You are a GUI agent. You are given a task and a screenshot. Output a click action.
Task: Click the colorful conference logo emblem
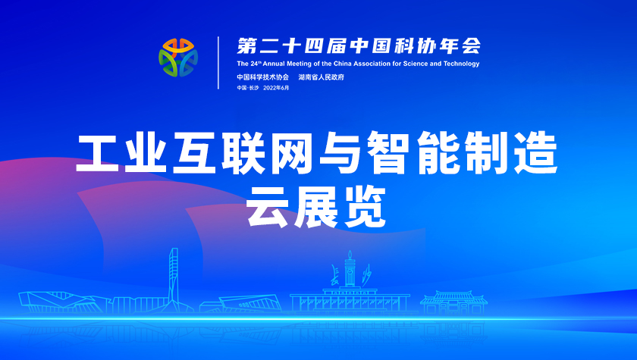pos(178,58)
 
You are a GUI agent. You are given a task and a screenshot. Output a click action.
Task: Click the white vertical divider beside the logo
pos(218,62)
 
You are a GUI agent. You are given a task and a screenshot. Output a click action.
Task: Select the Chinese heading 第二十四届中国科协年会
pos(359,46)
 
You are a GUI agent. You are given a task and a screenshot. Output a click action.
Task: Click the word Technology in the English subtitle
pos(462,64)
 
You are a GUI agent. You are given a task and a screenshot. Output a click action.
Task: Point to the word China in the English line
pos(343,64)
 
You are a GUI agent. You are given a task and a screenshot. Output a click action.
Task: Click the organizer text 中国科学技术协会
pos(263,77)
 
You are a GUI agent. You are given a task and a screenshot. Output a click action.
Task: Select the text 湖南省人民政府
pos(322,77)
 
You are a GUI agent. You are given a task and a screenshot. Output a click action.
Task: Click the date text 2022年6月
pos(276,88)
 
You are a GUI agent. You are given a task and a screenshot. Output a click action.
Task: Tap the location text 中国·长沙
pos(248,88)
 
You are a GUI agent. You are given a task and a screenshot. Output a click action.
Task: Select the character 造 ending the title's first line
pos(536,153)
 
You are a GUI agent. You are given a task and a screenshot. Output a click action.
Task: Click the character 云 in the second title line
pos(267,207)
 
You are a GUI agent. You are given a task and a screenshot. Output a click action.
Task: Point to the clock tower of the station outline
pos(350,269)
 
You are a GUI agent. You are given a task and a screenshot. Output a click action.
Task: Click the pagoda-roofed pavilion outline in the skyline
pos(453,302)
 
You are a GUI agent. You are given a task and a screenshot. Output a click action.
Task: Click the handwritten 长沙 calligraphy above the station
pos(350,275)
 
